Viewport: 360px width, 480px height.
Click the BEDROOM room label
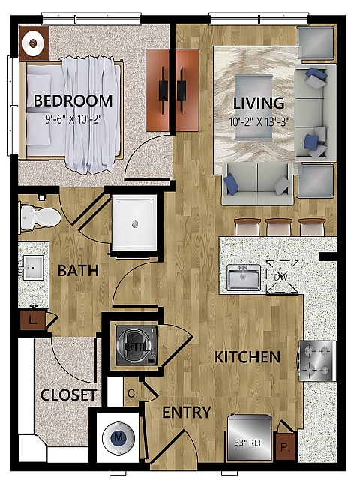73,100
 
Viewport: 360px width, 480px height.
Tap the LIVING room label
258,103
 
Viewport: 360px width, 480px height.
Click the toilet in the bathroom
40,217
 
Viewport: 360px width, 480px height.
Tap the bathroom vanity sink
33,266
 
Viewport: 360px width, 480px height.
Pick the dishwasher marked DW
282,277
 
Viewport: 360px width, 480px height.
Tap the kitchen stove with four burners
317,361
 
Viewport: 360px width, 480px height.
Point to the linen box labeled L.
32,321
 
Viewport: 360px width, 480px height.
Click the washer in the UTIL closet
134,345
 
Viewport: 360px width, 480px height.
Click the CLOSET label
69,394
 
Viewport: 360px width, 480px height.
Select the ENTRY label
187,412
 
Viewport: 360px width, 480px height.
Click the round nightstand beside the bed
34,43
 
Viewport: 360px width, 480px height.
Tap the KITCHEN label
248,357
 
